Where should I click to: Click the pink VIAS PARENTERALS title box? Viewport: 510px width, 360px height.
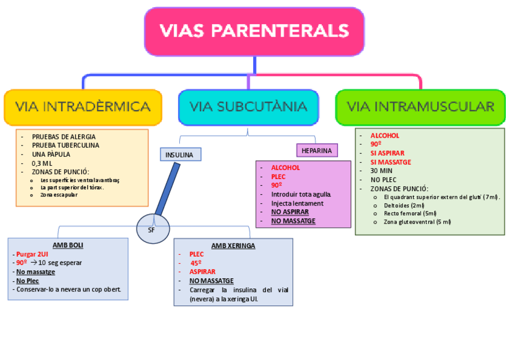coord(254,31)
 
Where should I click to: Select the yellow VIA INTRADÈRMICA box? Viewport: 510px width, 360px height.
coord(83,107)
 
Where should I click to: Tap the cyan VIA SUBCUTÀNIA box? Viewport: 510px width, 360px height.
coord(248,107)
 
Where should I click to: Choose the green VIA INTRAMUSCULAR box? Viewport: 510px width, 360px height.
coord(420,107)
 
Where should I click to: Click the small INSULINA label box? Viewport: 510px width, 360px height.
coord(179,154)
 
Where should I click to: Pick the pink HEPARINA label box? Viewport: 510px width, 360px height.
coord(316,150)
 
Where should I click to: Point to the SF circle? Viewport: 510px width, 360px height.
coord(151,229)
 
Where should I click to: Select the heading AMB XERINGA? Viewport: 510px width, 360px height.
coord(233,245)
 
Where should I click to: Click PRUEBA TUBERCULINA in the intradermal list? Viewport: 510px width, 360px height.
coord(66,145)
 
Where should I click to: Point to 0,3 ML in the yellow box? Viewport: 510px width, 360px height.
coord(42,163)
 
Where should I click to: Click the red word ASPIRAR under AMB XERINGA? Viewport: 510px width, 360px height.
coord(202,272)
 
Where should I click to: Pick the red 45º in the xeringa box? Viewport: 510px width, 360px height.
coord(196,263)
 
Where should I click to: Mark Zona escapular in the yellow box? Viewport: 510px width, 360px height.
coord(59,195)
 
